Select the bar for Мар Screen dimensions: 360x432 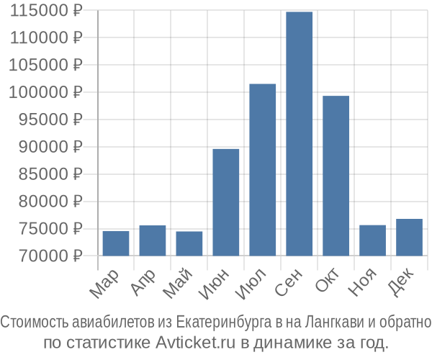click(x=116, y=243)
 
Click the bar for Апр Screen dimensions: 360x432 click(x=153, y=240)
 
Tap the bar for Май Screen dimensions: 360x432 click(x=189, y=243)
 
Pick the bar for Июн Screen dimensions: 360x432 click(x=226, y=202)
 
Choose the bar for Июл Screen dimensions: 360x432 click(x=263, y=170)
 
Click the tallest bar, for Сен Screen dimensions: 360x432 click(x=300, y=134)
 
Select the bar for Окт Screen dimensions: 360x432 click(x=336, y=176)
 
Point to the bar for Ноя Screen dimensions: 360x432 click(x=372, y=240)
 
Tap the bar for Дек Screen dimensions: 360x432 click(x=409, y=238)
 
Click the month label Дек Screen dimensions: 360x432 click(x=401, y=283)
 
